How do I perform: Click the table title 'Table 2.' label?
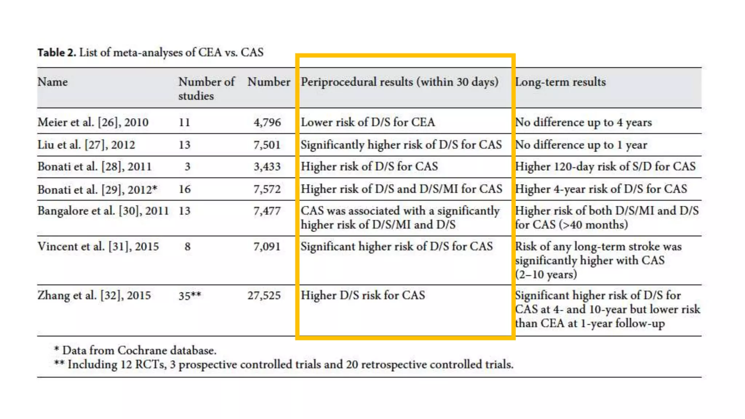[x=57, y=52]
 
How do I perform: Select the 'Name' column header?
[x=53, y=82]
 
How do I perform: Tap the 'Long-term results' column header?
[x=561, y=82]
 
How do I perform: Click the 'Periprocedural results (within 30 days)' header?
[x=399, y=82]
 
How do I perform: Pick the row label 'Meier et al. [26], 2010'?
[x=93, y=122]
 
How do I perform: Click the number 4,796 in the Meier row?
[x=267, y=122]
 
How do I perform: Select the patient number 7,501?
[x=267, y=145]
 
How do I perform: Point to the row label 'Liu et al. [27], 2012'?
[x=86, y=145]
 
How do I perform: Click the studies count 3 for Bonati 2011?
[x=187, y=167]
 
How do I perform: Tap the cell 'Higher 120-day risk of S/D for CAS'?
[x=605, y=167]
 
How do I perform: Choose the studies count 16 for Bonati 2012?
[x=184, y=189]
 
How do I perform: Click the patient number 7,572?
[x=267, y=189]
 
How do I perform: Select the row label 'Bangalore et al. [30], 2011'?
[x=103, y=211]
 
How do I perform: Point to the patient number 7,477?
[x=267, y=211]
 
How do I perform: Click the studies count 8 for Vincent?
[x=187, y=247]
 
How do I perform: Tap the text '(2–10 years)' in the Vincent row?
[x=546, y=274]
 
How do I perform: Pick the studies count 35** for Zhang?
[x=190, y=295]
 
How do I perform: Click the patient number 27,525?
[x=264, y=295]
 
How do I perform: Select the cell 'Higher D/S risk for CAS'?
[x=363, y=295]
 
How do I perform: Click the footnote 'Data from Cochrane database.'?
[x=139, y=350]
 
